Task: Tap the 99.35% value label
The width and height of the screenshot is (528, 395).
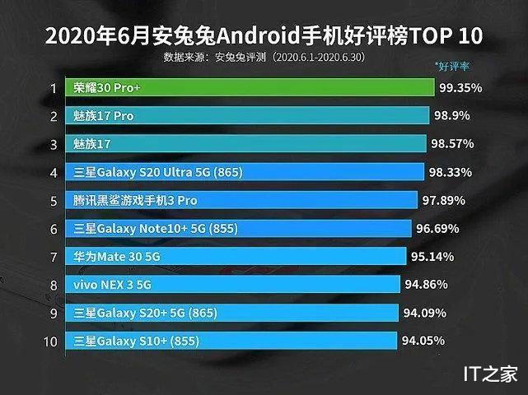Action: click(x=460, y=88)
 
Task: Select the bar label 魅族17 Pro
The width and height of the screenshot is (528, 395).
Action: click(x=104, y=116)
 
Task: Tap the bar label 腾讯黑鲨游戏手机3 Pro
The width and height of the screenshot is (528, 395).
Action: click(x=136, y=200)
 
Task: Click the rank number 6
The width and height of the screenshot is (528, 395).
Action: click(x=53, y=229)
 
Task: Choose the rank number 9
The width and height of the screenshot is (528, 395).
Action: click(x=53, y=313)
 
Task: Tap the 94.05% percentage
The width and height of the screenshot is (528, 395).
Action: click(x=423, y=340)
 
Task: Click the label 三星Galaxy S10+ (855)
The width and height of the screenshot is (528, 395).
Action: click(x=137, y=341)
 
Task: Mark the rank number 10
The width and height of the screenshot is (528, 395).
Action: click(x=51, y=341)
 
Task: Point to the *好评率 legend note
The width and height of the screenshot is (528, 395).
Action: click(x=452, y=64)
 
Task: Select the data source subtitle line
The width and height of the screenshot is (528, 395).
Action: click(x=264, y=58)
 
